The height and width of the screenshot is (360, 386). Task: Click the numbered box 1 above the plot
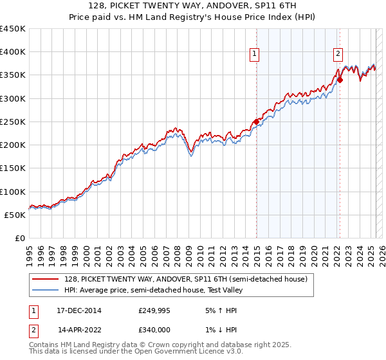(255, 54)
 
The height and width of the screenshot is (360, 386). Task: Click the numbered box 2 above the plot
(338, 54)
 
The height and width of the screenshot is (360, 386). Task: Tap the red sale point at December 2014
(256, 122)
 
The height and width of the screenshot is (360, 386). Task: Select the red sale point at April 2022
(340, 80)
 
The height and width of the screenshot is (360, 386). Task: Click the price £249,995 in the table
(154, 310)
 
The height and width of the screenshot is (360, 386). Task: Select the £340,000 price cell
(154, 329)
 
